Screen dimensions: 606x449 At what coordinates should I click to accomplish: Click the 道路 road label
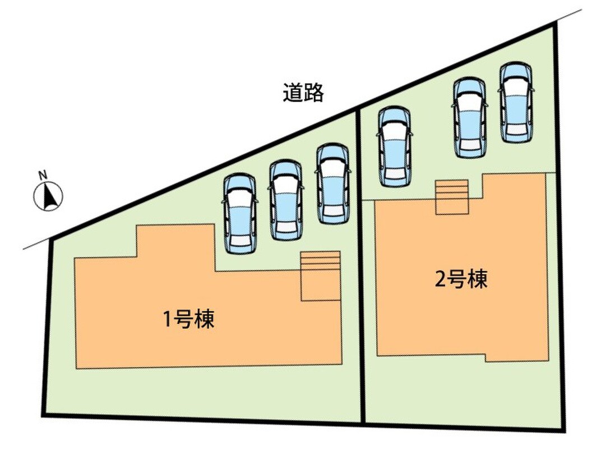coord(303,93)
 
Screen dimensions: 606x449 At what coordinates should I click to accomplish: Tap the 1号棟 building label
coord(189,320)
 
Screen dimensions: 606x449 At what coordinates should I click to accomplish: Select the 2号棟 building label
coord(461,279)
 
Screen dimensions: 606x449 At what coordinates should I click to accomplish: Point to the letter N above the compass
coord(43,175)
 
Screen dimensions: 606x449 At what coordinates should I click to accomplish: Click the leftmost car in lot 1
coord(239,214)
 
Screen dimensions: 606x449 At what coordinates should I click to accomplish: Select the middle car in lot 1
coord(285,200)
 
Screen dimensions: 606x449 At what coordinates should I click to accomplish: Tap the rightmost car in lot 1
coord(333,184)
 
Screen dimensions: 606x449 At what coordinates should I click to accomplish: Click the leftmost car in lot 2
coord(394,146)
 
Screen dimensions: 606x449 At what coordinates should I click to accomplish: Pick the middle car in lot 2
coord(470,117)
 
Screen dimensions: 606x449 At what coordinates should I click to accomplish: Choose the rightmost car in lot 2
coord(516,102)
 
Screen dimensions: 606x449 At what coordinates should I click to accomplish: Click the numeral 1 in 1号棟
coord(168,320)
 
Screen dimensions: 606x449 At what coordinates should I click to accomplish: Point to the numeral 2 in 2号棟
coord(441,280)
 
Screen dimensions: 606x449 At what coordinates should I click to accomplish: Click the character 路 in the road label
coord(313,93)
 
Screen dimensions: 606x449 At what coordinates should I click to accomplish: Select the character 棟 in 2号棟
coord(478,279)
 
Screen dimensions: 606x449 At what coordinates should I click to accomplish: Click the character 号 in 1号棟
coord(183,320)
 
